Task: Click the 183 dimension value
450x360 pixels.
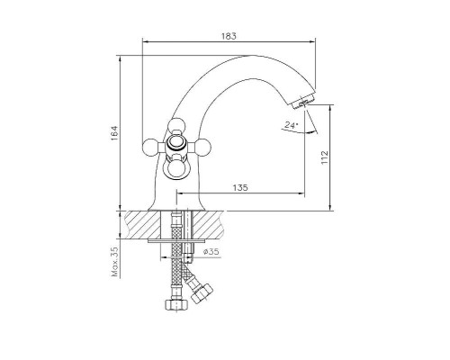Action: [229, 36]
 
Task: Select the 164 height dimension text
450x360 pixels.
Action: [115, 133]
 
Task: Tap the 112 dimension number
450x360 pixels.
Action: [325, 157]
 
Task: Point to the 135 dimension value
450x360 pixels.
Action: [240, 188]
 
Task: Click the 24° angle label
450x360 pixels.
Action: [292, 125]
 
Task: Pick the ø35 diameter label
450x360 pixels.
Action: [211, 251]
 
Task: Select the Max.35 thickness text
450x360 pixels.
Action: [115, 262]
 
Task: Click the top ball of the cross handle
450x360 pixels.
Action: [176, 126]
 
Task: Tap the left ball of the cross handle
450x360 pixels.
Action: [150, 147]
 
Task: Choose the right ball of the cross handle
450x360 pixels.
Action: [203, 147]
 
